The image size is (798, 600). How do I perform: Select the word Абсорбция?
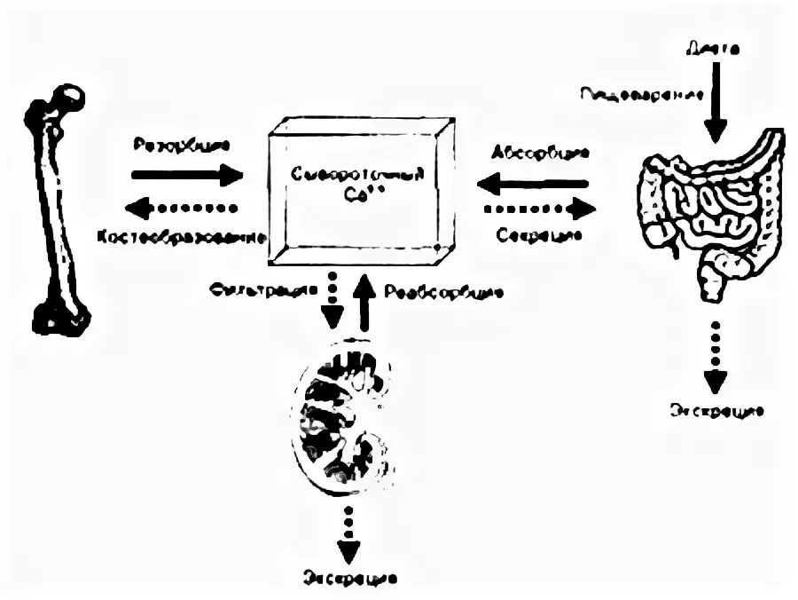click(539, 154)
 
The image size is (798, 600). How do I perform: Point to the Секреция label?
click(539, 236)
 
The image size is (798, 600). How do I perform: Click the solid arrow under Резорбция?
click(186, 175)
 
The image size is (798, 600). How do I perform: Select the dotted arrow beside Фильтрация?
click(332, 300)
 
